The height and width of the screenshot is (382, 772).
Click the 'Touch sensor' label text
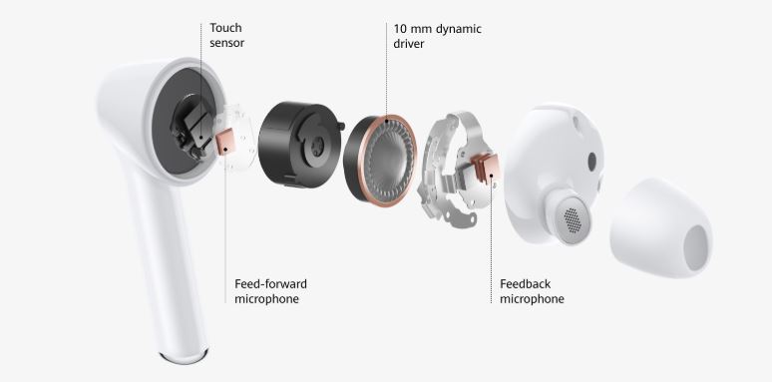pos(227,36)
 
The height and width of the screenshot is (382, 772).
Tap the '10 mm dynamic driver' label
pos(437,37)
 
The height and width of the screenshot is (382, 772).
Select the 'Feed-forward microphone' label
pos(270,291)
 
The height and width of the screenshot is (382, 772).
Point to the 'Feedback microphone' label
pos(532,291)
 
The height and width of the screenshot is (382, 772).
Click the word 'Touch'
pos(226,28)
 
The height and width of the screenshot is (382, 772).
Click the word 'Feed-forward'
pos(270,284)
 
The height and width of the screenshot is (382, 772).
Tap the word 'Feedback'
pos(525,284)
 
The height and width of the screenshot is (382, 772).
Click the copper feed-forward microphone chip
pos(224,143)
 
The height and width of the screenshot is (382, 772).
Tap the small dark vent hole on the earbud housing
pos(591,160)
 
